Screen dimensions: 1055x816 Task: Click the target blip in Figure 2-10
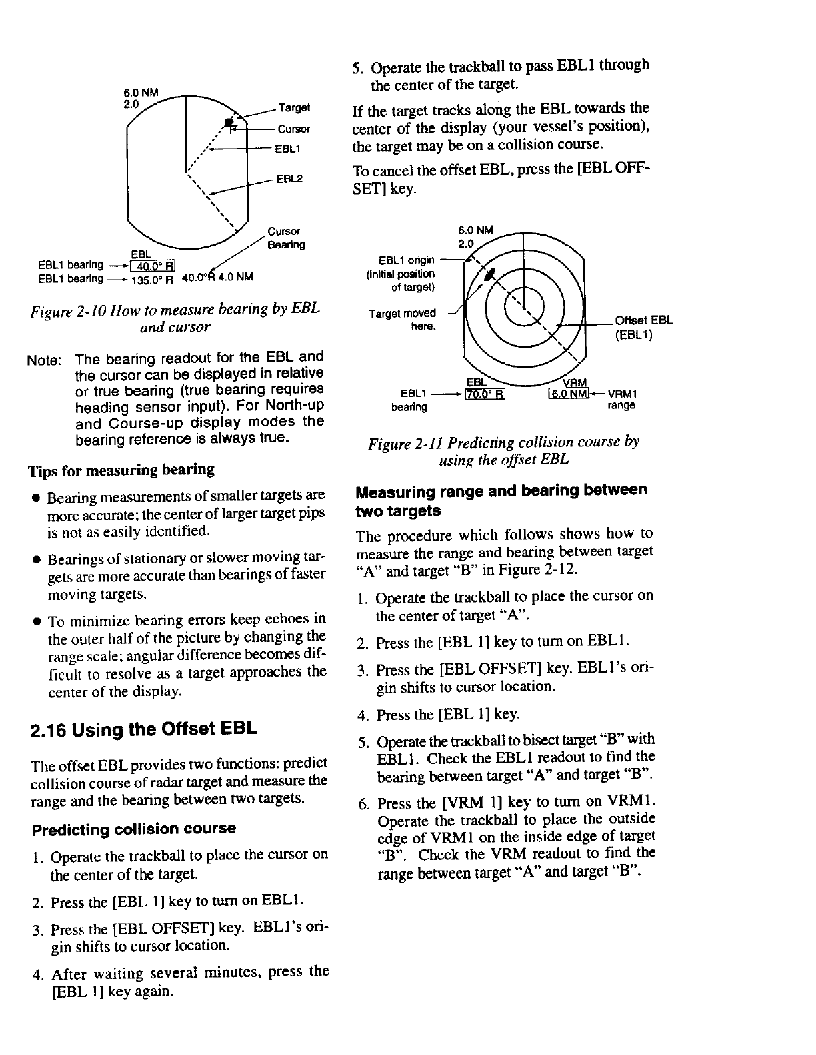pyautogui.click(x=229, y=121)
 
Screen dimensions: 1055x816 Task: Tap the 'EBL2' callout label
pyautogui.click(x=289, y=178)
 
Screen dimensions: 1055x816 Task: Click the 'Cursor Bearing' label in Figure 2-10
pyautogui.click(x=285, y=238)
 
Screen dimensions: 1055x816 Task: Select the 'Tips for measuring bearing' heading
pyautogui.click(x=121, y=470)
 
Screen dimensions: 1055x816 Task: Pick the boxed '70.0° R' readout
pyautogui.click(x=485, y=394)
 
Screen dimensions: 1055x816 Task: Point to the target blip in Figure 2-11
pyautogui.click(x=490, y=274)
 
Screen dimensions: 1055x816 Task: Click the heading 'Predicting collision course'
pyautogui.click(x=134, y=829)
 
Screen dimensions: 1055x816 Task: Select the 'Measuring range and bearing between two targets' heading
pyautogui.click(x=501, y=500)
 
